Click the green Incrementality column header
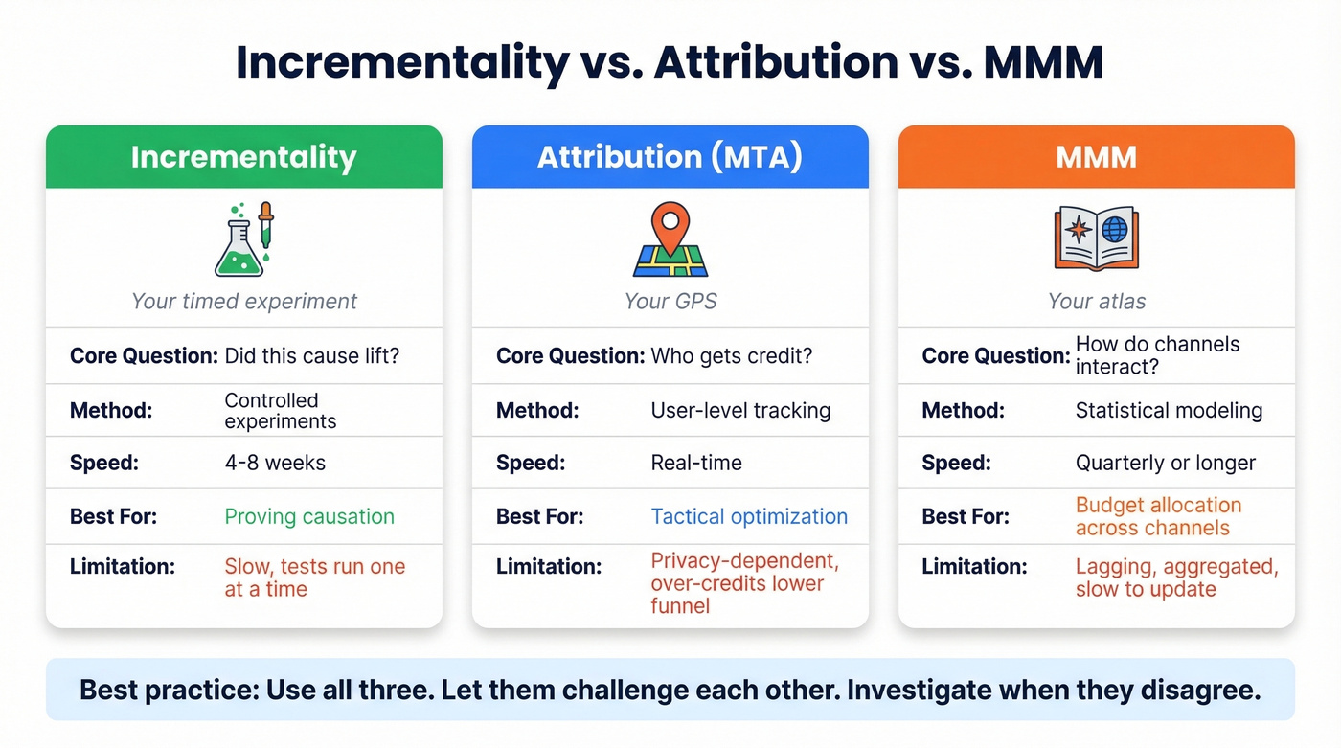243,157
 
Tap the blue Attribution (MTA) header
670,157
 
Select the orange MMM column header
1096,157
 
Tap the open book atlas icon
1096,238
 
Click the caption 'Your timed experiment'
243,301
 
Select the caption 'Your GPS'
670,301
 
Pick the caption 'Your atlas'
1096,301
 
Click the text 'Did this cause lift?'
311,356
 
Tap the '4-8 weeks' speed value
275,463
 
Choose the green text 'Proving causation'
309,516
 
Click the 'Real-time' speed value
696,463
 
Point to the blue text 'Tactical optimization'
749,516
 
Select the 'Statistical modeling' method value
1169,411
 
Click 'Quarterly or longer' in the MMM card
1165,463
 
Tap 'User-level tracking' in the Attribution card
740,411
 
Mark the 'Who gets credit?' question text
731,356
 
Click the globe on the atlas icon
1115,230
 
